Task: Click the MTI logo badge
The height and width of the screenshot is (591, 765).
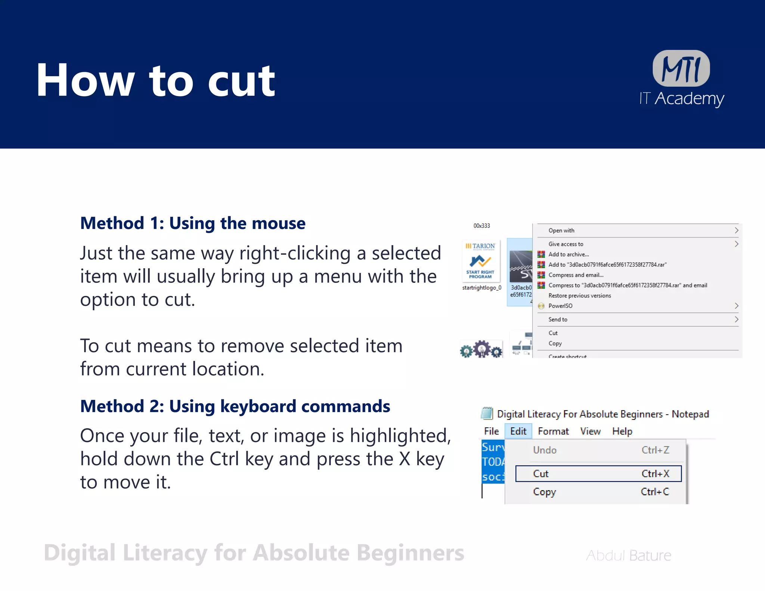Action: tap(681, 68)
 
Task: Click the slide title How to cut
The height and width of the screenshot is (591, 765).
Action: tap(155, 80)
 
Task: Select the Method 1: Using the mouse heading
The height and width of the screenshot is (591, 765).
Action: tap(193, 223)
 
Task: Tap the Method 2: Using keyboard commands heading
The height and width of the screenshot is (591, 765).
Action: tap(235, 406)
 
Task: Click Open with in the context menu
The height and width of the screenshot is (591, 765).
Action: tap(561, 230)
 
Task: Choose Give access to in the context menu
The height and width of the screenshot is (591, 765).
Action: tap(566, 244)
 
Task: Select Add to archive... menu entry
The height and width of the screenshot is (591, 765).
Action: tap(568, 254)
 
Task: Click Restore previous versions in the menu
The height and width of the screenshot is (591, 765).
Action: tap(579, 295)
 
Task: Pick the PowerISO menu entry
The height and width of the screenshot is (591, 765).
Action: tap(560, 306)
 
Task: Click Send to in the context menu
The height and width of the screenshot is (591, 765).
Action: tap(558, 319)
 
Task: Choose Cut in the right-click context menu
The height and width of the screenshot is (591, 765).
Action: tap(553, 333)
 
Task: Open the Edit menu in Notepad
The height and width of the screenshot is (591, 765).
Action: tap(518, 431)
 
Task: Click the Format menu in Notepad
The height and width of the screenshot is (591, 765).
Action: tap(553, 431)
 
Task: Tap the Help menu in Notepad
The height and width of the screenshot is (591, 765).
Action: tap(622, 431)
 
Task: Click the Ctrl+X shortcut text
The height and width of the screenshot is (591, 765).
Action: tap(655, 474)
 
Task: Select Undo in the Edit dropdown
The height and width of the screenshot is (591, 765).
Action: tap(545, 450)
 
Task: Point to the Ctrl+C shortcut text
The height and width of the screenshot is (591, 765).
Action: tap(655, 492)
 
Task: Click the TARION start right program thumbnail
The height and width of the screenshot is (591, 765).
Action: tap(480, 261)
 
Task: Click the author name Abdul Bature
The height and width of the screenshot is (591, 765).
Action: tap(628, 556)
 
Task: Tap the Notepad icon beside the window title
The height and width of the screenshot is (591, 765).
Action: tap(487, 414)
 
